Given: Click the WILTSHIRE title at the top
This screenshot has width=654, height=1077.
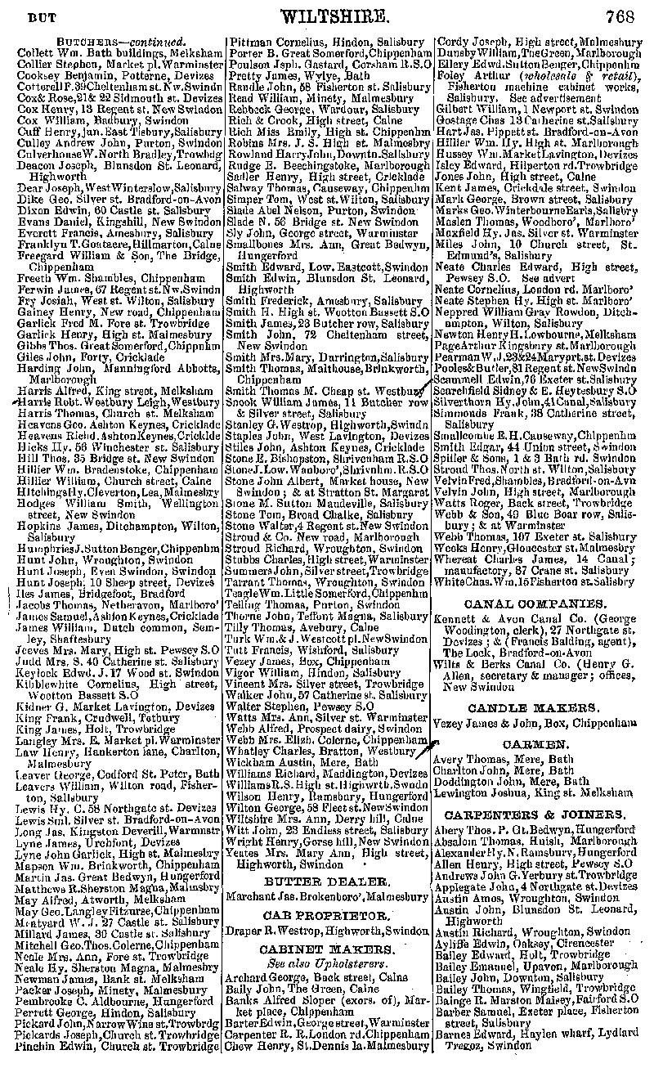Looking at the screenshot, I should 328,16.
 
